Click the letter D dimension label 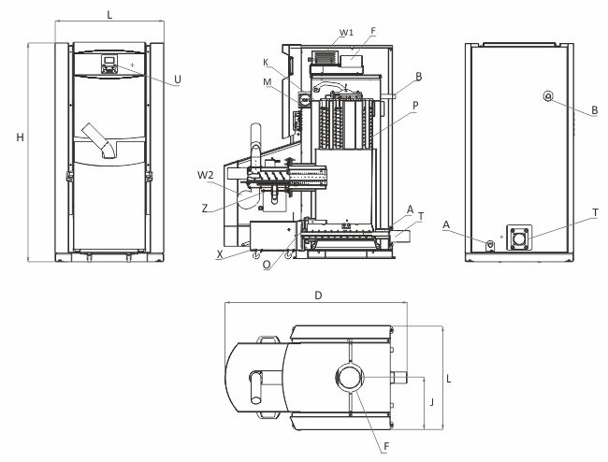point(319,296)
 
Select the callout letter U point(179,80)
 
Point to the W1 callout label point(346,32)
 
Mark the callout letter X point(220,253)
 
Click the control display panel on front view point(109,65)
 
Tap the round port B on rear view point(548,96)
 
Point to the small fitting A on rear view point(489,244)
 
